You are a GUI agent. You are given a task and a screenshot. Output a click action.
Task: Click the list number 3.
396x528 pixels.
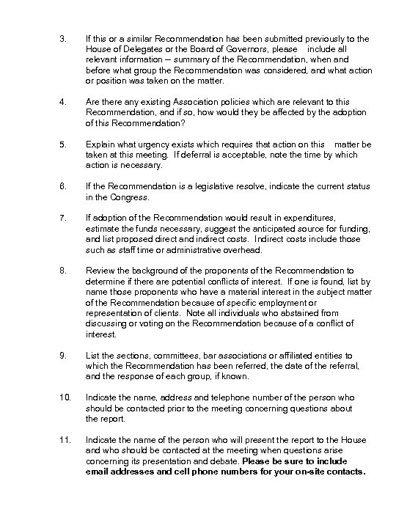(63, 37)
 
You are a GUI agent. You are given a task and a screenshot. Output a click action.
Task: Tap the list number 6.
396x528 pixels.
(63, 188)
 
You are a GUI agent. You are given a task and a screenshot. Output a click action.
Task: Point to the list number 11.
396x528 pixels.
(65, 439)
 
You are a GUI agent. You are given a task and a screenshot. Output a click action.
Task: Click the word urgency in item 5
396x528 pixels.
(145, 144)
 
